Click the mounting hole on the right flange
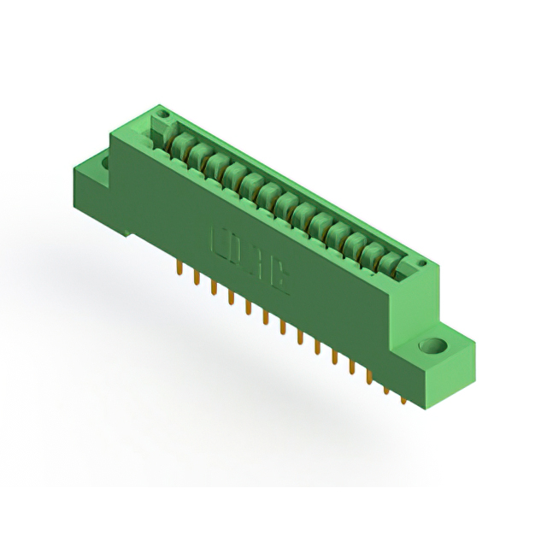(432, 346)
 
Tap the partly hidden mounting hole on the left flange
(105, 159)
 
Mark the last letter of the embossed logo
(280, 277)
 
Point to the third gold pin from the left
(211, 288)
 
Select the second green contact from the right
(373, 252)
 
